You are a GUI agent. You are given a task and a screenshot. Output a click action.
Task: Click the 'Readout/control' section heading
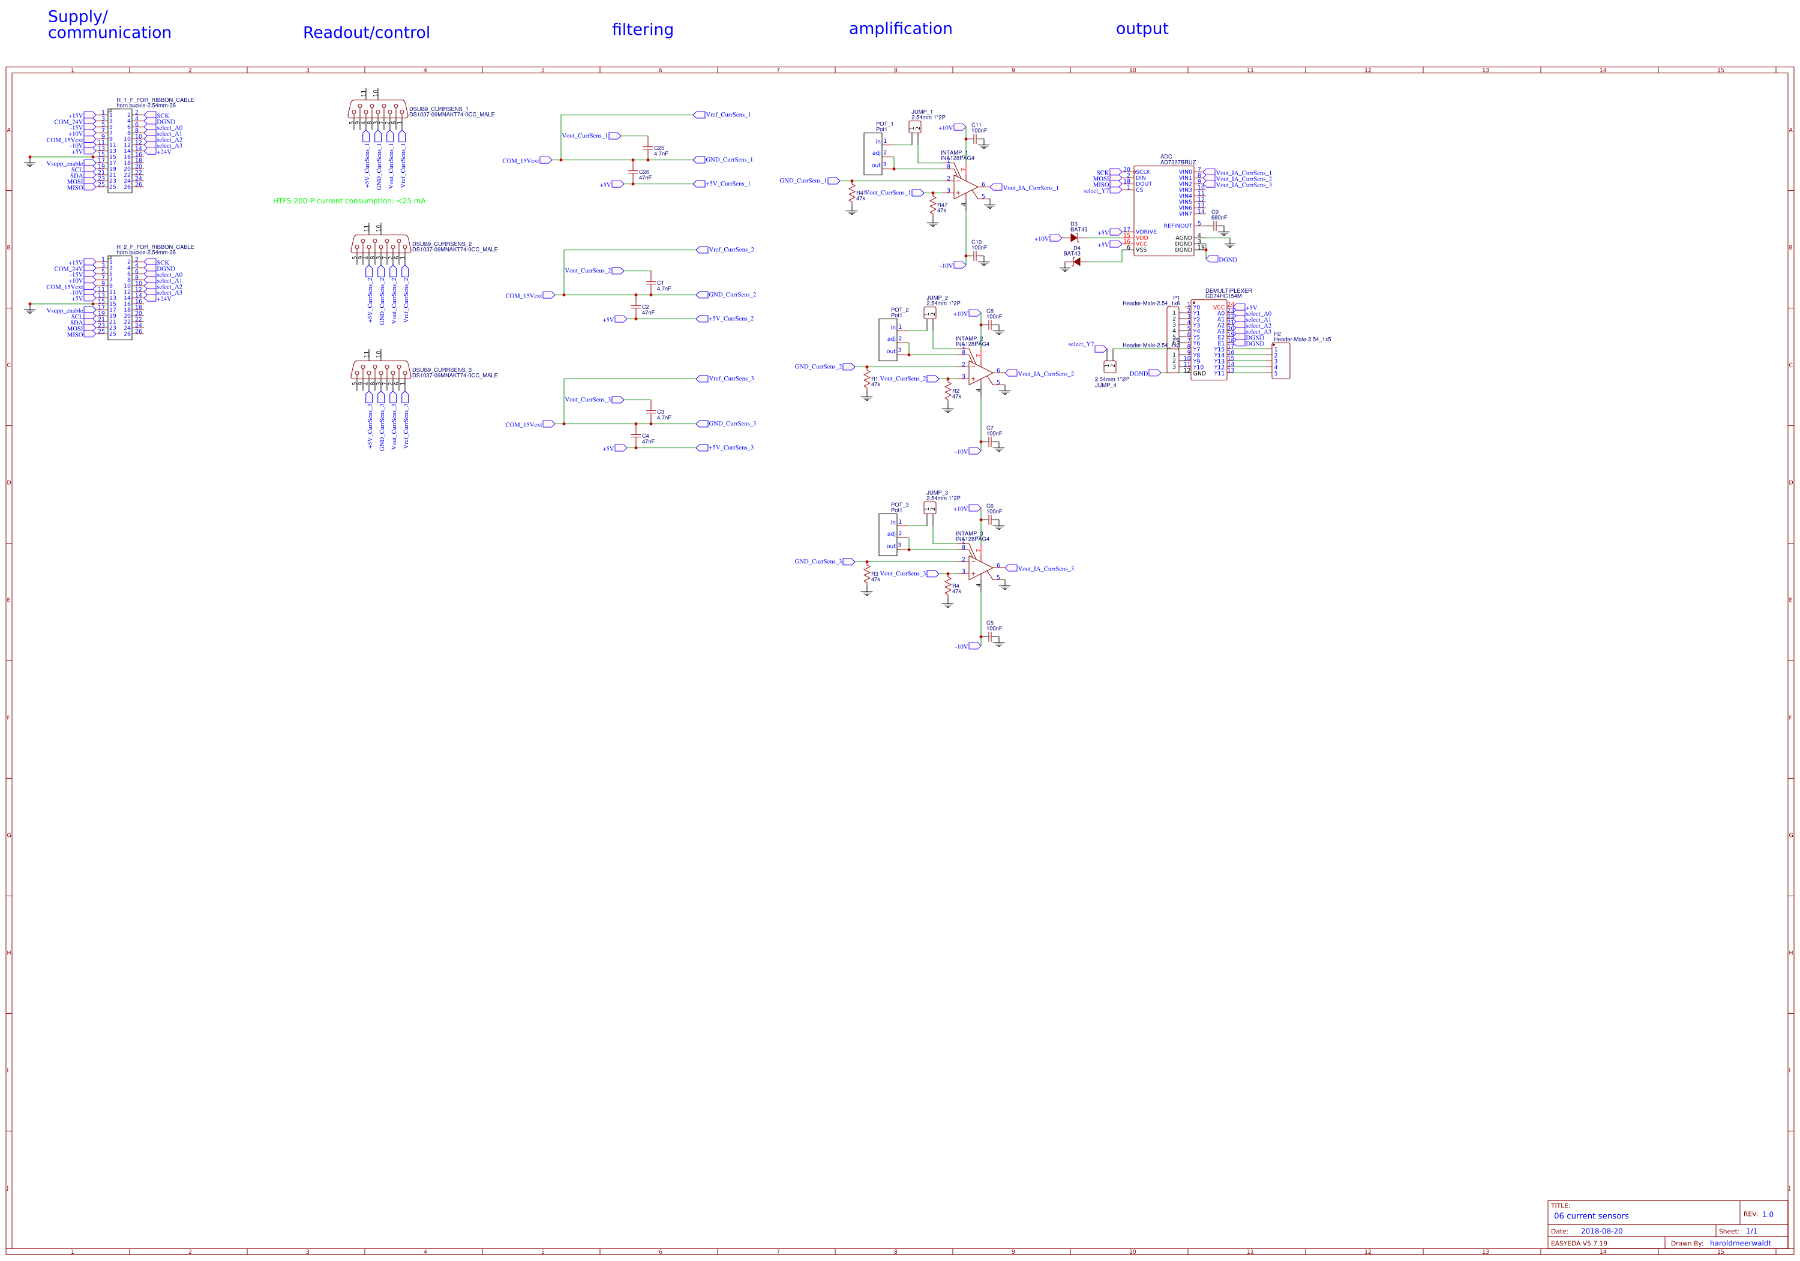366,33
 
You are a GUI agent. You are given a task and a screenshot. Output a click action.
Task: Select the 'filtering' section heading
642,30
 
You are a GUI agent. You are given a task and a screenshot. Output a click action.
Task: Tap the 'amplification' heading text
900,29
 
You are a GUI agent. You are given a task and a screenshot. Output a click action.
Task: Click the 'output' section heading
1141,29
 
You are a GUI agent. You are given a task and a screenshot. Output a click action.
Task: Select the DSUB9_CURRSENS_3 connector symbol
380,370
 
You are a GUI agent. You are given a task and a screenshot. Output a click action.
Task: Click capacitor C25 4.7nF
647,148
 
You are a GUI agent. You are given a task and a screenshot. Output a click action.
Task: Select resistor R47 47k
933,207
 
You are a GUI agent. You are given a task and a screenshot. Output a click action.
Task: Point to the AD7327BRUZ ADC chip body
1163,210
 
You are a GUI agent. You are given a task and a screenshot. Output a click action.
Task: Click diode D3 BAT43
1074,238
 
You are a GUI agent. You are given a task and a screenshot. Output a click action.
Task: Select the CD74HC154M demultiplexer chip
1208,340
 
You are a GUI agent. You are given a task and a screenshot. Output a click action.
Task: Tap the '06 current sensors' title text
1591,1215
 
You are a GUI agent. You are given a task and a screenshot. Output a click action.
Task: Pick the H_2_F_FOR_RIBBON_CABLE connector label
155,247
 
